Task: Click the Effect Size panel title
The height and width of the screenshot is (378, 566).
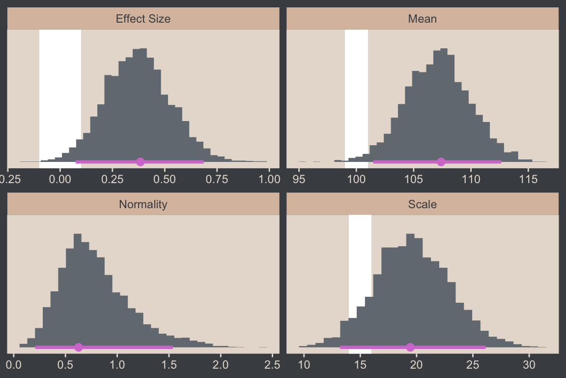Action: (x=143, y=19)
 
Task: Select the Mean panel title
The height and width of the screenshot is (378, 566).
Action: (x=423, y=19)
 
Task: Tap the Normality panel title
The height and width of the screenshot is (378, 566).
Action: (x=143, y=204)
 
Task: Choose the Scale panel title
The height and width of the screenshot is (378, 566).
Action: (x=423, y=204)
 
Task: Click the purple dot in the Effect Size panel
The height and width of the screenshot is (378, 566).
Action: (x=141, y=162)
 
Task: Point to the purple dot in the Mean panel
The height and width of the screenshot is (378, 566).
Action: (x=441, y=162)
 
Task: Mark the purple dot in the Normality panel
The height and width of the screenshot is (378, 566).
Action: (x=78, y=347)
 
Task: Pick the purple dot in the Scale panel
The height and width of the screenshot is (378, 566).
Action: (x=410, y=347)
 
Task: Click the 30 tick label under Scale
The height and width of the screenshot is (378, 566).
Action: (x=529, y=365)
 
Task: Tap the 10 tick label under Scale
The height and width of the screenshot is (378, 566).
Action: (x=304, y=365)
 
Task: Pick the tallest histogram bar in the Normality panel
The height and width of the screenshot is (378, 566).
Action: (x=77, y=290)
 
